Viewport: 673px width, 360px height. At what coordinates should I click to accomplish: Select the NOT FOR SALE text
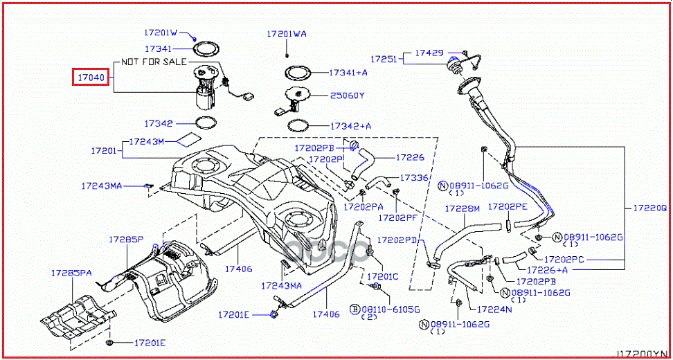[x=153, y=62]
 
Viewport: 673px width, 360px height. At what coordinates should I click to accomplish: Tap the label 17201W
[x=161, y=33]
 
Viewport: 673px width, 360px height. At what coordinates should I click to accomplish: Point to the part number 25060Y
[x=347, y=96]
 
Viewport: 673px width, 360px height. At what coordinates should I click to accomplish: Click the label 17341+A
[x=348, y=72]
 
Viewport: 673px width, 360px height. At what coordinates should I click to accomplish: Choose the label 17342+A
[x=350, y=126]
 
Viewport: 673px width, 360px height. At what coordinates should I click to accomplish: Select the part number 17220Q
[x=651, y=207]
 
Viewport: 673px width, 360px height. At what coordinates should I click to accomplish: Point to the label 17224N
[x=492, y=310]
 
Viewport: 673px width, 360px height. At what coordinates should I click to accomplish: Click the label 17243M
[x=147, y=141]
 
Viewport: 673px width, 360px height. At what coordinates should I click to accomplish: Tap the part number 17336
[x=415, y=178]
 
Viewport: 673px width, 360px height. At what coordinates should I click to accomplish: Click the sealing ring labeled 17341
[x=204, y=49]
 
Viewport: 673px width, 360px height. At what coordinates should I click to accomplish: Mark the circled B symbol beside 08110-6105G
[x=353, y=309]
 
